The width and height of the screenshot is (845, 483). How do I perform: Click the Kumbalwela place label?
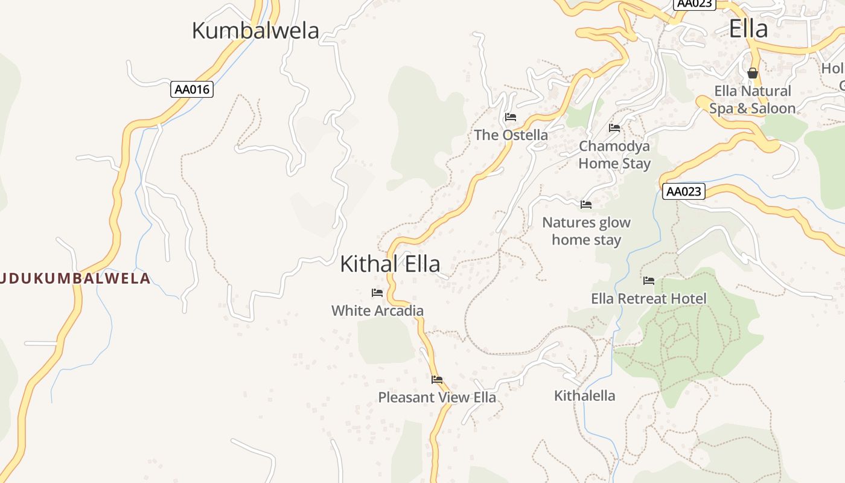pos(255,30)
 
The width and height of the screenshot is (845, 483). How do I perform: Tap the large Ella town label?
pos(748,29)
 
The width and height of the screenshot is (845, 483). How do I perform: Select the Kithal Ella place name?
pos(390,264)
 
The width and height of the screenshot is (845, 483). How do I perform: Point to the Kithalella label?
pos(585,395)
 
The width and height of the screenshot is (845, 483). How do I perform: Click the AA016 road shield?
pos(192,89)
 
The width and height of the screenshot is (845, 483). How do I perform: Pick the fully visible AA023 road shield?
pos(684,191)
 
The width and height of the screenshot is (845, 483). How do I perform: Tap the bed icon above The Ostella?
pos(511,117)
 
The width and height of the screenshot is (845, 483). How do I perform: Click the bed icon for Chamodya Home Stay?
pos(614,128)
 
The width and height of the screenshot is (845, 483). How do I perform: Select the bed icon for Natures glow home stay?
pos(586,205)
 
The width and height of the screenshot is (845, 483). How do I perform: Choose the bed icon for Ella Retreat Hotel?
pos(649,281)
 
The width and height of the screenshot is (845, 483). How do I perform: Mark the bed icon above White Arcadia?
pos(377,293)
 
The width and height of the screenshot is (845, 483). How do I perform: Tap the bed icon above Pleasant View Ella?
pos(437,380)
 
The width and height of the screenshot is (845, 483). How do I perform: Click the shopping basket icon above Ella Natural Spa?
pos(753,73)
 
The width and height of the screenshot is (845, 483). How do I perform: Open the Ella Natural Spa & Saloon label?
pos(752,100)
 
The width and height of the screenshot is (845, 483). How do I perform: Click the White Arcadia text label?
pos(377,310)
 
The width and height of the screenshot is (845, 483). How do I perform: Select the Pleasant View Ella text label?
pos(437,397)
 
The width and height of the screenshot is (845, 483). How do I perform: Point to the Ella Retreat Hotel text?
pos(649,298)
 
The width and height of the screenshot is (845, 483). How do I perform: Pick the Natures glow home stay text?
pos(586,231)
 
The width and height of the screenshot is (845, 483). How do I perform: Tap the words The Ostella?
pos(511,135)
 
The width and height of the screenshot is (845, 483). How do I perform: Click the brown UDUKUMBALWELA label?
pos(75,278)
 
